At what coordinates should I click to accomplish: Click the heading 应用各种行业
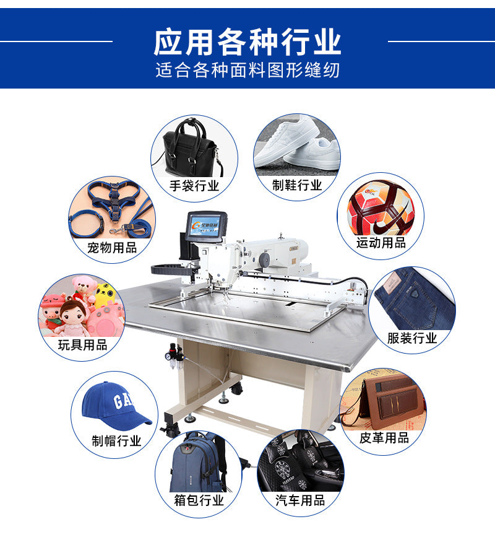247,42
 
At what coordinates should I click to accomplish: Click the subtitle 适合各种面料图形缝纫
247,70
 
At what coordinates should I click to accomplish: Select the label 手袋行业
194,185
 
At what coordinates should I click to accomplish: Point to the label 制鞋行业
297,185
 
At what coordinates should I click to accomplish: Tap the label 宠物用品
112,248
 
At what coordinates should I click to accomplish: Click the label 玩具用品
82,345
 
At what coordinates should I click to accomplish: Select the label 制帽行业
116,441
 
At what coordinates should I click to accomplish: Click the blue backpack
197,461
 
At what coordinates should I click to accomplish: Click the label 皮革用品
384,438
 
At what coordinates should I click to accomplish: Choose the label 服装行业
412,338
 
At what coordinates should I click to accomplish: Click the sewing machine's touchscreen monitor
207,228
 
